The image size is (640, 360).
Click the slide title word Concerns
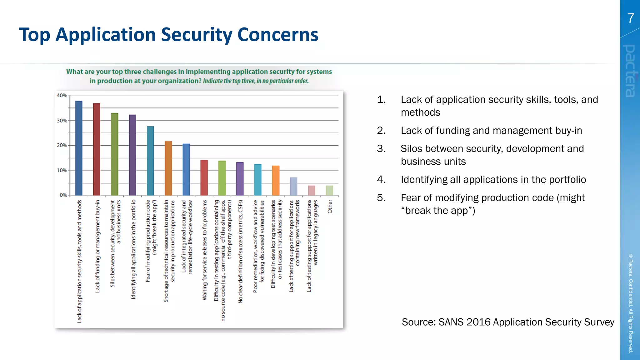pyautogui.click(x=277, y=34)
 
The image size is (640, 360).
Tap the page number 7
pyautogui.click(x=631, y=18)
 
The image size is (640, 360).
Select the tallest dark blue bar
pyautogui.click(x=79, y=148)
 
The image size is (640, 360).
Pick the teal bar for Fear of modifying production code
pyautogui.click(x=150, y=161)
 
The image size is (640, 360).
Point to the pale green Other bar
pyautogui.click(x=329, y=190)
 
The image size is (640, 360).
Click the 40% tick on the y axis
pyautogui.click(x=62, y=95)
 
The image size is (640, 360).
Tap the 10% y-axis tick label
pyautogui.click(x=62, y=170)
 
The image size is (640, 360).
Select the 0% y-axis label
pyautogui.click(x=63, y=195)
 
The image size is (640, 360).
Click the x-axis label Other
pyautogui.click(x=330, y=207)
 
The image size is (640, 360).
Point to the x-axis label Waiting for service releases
pyautogui.click(x=205, y=250)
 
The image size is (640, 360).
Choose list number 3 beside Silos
pyautogui.click(x=381, y=148)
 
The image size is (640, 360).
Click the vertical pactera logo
pyautogui.click(x=630, y=71)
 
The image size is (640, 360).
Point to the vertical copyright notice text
pyautogui.click(x=631, y=303)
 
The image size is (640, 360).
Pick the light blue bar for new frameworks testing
pyautogui.click(x=293, y=186)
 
